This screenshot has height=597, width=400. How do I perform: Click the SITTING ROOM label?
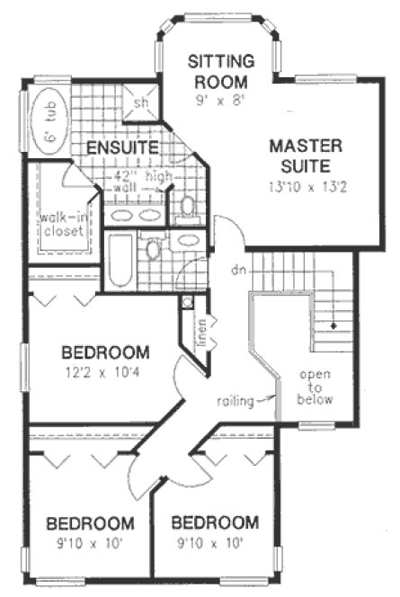coord(220,69)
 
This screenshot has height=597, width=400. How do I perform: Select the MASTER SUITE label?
coord(301,155)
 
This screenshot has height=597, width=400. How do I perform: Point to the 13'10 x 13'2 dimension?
coord(301,186)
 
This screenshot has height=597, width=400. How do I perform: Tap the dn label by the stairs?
coord(234,270)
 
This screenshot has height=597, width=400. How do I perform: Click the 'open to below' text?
coord(317,387)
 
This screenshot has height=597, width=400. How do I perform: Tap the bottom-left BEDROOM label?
coord(91,522)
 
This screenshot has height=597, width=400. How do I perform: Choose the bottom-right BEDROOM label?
coord(215,522)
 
